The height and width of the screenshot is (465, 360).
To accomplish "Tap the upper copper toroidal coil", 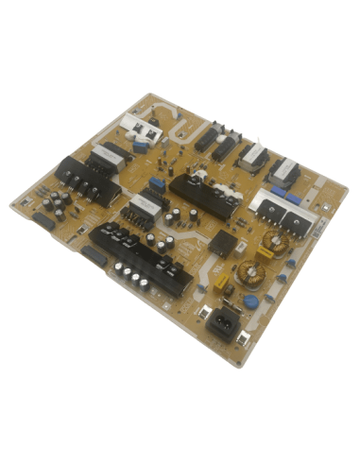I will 275,243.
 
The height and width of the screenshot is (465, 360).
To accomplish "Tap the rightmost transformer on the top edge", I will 285,173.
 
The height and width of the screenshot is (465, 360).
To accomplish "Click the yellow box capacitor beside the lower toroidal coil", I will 226,280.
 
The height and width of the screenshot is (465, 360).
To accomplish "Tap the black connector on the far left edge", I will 43,223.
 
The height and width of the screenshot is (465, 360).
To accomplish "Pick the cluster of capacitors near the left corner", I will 55,203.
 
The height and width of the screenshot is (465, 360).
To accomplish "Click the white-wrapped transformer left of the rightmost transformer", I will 251,158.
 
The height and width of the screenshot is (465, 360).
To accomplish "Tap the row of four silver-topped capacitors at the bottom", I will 133,275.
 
